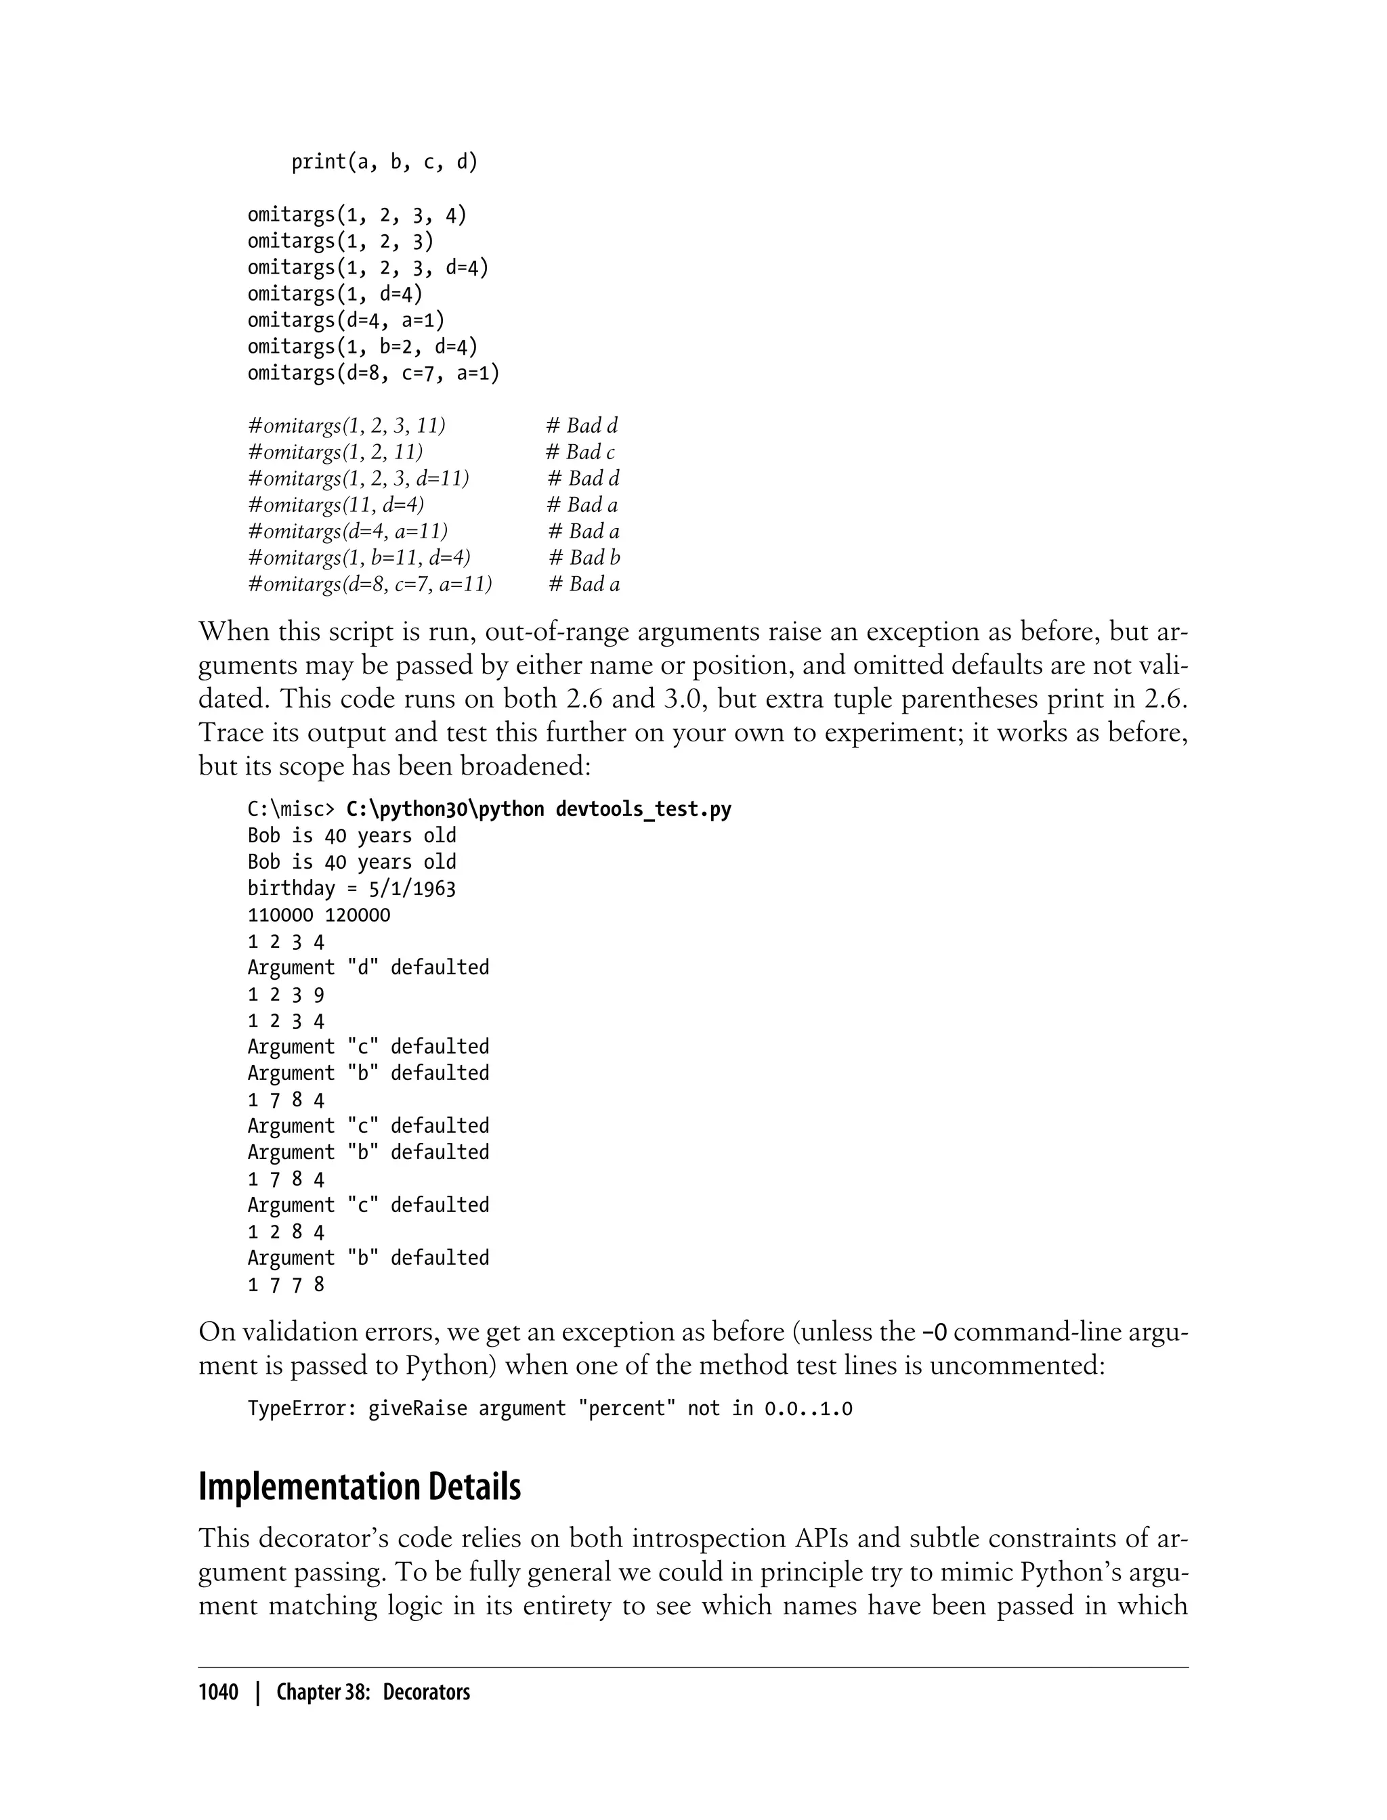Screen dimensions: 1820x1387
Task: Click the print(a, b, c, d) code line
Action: click(384, 162)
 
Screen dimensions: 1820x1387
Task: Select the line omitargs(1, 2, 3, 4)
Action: click(357, 215)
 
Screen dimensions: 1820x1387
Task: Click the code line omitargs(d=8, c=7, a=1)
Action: click(373, 374)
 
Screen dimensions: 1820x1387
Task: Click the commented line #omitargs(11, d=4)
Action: click(335, 505)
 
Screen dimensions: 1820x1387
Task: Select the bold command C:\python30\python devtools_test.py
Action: click(538, 809)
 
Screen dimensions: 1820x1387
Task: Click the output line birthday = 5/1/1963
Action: click(351, 889)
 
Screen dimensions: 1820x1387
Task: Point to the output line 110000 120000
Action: click(319, 915)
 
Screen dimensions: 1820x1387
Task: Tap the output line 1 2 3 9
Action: click(286, 995)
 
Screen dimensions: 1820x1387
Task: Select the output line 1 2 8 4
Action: click(286, 1232)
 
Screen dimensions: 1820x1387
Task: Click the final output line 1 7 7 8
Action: click(286, 1285)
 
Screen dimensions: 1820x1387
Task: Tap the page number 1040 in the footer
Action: click(218, 1693)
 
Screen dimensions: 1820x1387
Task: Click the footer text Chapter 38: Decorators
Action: click(373, 1693)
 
